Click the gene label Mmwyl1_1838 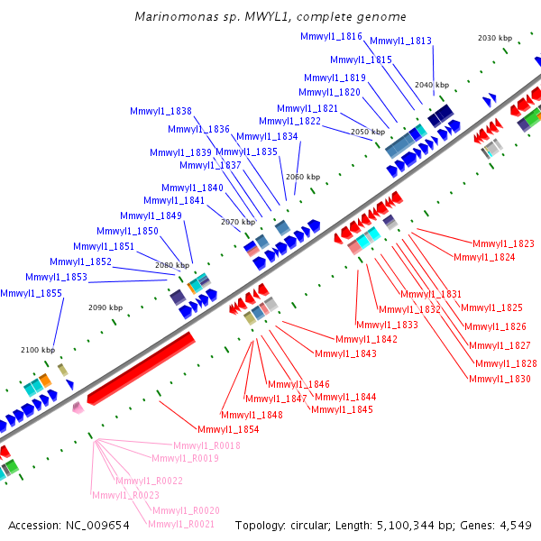click(x=160, y=111)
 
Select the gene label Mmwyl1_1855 click(x=31, y=293)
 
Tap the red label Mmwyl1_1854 click(x=228, y=429)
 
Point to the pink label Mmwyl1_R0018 click(x=206, y=445)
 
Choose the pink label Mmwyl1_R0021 click(x=181, y=524)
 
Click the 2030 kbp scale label click(x=495, y=38)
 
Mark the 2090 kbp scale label click(x=105, y=307)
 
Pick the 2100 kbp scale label click(x=38, y=350)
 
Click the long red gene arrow click(x=142, y=368)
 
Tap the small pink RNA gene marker click(x=78, y=408)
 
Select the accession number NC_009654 click(x=97, y=526)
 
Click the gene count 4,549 click(x=516, y=526)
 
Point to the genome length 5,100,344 click(x=406, y=526)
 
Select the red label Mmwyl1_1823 click(x=503, y=243)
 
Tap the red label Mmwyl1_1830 click(x=500, y=379)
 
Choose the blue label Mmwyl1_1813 click(x=400, y=41)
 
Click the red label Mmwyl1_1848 click(x=252, y=415)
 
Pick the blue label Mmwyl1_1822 click(x=289, y=121)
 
